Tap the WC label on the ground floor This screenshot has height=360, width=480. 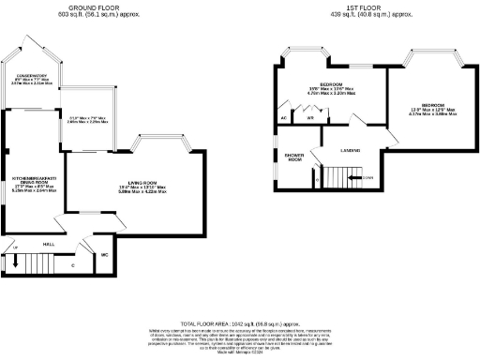click(x=105, y=254)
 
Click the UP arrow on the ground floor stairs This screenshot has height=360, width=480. click(x=14, y=247)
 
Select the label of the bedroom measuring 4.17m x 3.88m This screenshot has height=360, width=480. click(x=432, y=105)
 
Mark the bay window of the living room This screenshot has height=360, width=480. click(x=164, y=142)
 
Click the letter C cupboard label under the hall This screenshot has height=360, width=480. click(x=73, y=265)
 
